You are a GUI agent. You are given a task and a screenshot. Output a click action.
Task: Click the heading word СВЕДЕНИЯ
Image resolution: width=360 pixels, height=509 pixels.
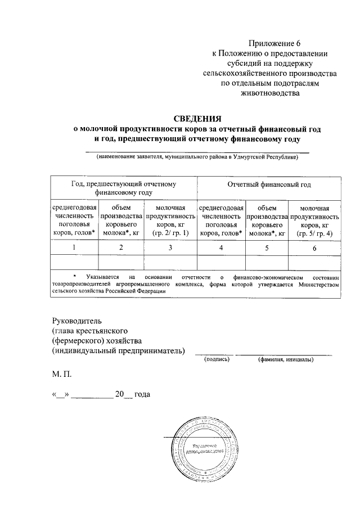pyautogui.click(x=196, y=119)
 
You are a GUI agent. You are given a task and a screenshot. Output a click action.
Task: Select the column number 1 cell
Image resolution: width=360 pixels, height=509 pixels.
pyautogui.click(x=74, y=248)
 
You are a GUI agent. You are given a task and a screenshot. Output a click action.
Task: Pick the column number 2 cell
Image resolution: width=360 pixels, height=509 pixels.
pyautogui.click(x=121, y=248)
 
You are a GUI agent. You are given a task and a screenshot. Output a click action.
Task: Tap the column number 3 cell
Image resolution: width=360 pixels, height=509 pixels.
pyautogui.click(x=170, y=248)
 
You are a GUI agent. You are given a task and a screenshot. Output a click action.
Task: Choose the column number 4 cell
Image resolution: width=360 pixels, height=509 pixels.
pyautogui.click(x=221, y=248)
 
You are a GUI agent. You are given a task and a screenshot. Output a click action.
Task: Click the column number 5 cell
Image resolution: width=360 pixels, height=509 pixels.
pyautogui.click(x=267, y=248)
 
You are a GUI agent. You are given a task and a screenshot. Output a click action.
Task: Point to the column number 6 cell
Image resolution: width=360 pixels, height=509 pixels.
pyautogui.click(x=314, y=248)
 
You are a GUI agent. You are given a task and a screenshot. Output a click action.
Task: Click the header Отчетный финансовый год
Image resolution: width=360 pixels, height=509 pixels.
pyautogui.click(x=269, y=184)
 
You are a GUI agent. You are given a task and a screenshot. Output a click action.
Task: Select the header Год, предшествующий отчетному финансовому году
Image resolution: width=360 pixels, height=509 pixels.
pyautogui.click(x=124, y=188)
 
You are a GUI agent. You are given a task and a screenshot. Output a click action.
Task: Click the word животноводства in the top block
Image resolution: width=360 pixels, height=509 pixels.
pyautogui.click(x=269, y=93)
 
